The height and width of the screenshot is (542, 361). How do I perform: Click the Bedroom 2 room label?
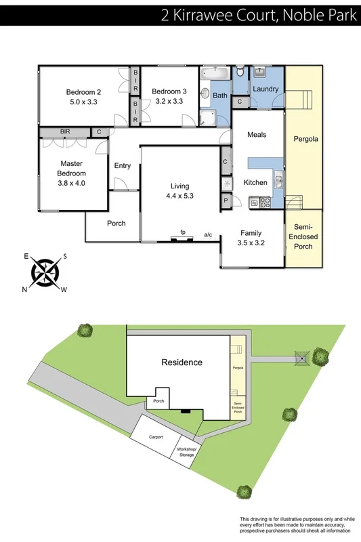83,92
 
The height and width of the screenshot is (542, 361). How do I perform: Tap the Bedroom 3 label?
169,92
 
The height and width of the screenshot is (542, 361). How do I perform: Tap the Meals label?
257,135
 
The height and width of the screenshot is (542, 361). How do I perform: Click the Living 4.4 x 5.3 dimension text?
179,196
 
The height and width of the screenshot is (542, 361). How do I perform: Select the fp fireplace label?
183,232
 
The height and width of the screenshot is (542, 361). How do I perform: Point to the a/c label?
208,234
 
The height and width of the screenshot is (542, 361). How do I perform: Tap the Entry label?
123,166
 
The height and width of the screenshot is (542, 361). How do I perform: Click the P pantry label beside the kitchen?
225,201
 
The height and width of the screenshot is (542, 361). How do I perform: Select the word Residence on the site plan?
182,362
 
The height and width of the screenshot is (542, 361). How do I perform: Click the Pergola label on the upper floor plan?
305,140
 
